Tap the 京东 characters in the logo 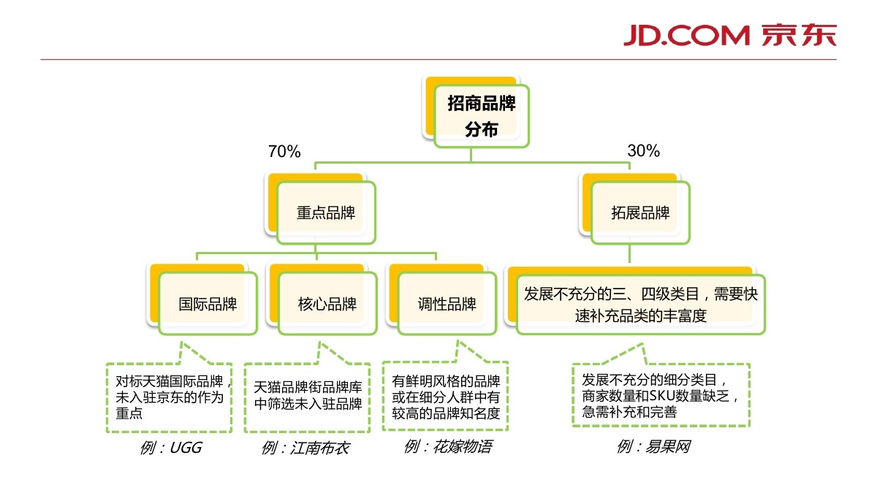798,34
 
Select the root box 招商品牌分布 481,116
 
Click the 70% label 284,152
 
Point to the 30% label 643,151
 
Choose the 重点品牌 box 326,213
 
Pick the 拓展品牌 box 640,213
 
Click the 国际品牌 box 208,303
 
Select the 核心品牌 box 327,303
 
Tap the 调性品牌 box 447,303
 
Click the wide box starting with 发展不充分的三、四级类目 641,304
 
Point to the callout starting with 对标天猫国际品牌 169,397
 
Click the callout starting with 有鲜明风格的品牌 445,397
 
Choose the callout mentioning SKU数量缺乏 661,395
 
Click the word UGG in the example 185,448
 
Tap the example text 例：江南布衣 305,448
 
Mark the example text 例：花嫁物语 447,446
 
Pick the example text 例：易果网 653,446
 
